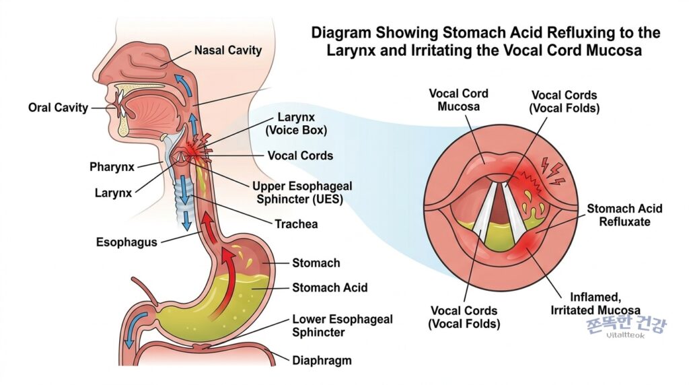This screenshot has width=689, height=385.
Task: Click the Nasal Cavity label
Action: tap(227, 50)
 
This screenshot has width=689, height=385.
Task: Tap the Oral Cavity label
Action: tap(58, 108)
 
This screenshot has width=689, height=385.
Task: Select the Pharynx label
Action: tap(112, 167)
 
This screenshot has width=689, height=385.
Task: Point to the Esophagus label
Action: tap(126, 242)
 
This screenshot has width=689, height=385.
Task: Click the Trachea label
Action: tap(296, 224)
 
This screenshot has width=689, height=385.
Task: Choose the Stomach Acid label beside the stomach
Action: tap(330, 287)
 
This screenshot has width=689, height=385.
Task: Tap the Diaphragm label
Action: tap(322, 360)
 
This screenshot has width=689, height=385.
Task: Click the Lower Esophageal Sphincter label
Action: tap(342, 326)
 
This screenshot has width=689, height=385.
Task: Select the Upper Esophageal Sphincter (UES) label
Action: tap(302, 193)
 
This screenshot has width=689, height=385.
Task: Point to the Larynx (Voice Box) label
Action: tap(296, 124)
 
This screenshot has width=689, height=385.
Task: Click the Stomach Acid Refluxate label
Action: tap(624, 215)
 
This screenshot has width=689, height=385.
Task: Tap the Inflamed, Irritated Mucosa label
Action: tap(595, 304)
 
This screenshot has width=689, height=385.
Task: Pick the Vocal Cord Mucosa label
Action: tap(458, 100)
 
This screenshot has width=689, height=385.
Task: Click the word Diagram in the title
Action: tap(341, 34)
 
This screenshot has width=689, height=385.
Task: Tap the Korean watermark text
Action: tap(626, 325)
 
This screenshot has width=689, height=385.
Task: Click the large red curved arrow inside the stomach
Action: tap(224, 281)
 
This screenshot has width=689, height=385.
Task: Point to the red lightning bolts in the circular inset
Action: tap(553, 170)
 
